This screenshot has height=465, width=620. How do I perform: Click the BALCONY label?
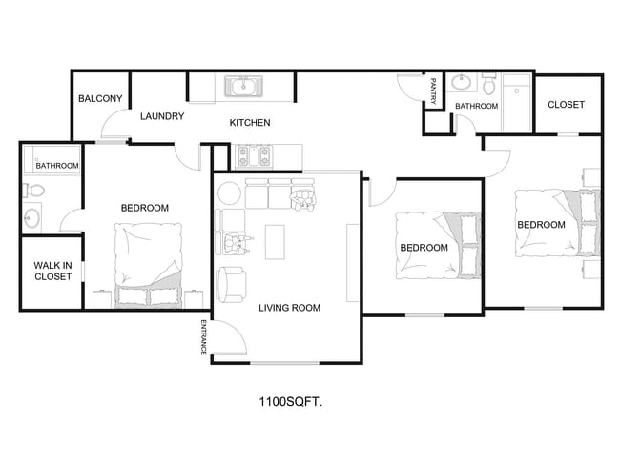[99, 99]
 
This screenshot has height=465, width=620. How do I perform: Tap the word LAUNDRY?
[161, 117]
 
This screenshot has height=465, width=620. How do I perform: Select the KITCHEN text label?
[250, 123]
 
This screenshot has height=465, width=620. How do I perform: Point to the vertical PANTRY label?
[433, 91]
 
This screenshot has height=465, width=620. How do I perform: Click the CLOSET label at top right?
[566, 105]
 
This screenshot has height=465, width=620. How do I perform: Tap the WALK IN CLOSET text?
[52, 272]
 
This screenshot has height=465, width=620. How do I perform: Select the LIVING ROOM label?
[289, 308]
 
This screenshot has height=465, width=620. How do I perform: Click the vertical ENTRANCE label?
[203, 337]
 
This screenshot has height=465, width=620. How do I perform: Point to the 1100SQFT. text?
[290, 403]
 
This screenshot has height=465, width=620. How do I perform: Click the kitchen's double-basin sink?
[244, 88]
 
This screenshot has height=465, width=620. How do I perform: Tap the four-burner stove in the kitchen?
[252, 152]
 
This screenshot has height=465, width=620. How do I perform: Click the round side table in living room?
[230, 193]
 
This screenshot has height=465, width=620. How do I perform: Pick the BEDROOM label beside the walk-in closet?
[144, 208]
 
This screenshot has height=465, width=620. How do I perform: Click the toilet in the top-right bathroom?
[489, 87]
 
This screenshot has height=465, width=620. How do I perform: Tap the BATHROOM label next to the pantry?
[476, 106]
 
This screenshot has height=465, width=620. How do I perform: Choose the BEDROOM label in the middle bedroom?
[424, 248]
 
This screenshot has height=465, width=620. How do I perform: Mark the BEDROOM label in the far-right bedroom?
[541, 225]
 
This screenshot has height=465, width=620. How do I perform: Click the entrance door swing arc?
[227, 336]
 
